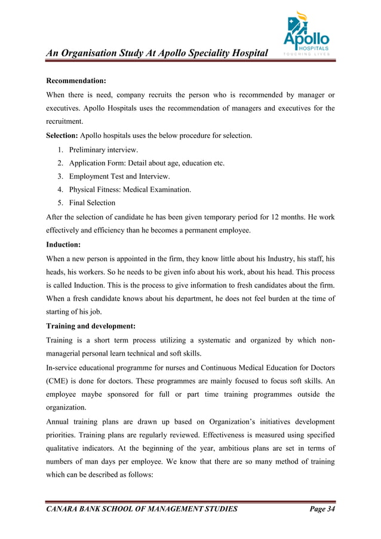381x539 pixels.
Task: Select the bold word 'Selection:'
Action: click(x=62, y=136)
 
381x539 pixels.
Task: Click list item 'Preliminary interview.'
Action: click(x=103, y=149)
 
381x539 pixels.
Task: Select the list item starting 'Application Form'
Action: click(x=146, y=163)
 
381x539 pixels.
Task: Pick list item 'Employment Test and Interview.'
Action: click(x=119, y=176)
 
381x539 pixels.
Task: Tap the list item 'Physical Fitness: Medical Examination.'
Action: click(x=130, y=189)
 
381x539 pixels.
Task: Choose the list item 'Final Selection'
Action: click(x=92, y=203)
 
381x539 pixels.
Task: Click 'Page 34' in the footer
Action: click(x=322, y=509)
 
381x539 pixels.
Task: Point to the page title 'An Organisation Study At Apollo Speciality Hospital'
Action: click(x=157, y=54)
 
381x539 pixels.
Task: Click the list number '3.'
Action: click(x=61, y=176)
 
